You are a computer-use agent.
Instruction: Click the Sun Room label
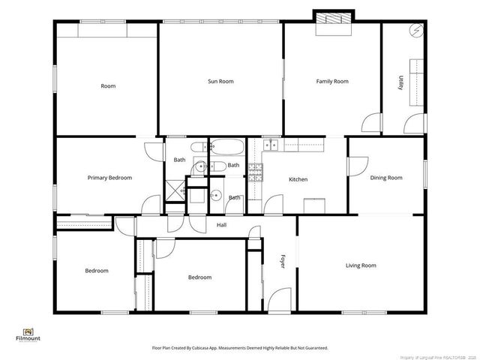point(220,81)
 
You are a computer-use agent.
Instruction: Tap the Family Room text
point(331,81)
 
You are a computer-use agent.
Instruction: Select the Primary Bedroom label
point(109,178)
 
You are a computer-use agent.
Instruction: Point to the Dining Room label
point(386,178)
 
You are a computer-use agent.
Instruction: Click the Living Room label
point(361,265)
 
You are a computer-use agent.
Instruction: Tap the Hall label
point(221,225)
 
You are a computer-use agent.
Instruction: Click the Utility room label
point(401,82)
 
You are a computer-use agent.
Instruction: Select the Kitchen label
point(298,179)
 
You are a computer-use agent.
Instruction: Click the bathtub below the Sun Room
point(226,147)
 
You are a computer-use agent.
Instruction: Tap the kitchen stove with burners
point(255,172)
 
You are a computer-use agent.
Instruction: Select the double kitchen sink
point(270,145)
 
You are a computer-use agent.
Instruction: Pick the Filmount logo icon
point(28,331)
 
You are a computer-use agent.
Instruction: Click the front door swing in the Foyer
point(279,298)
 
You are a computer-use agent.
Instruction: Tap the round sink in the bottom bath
point(215,196)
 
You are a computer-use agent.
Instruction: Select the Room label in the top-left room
point(108,86)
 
